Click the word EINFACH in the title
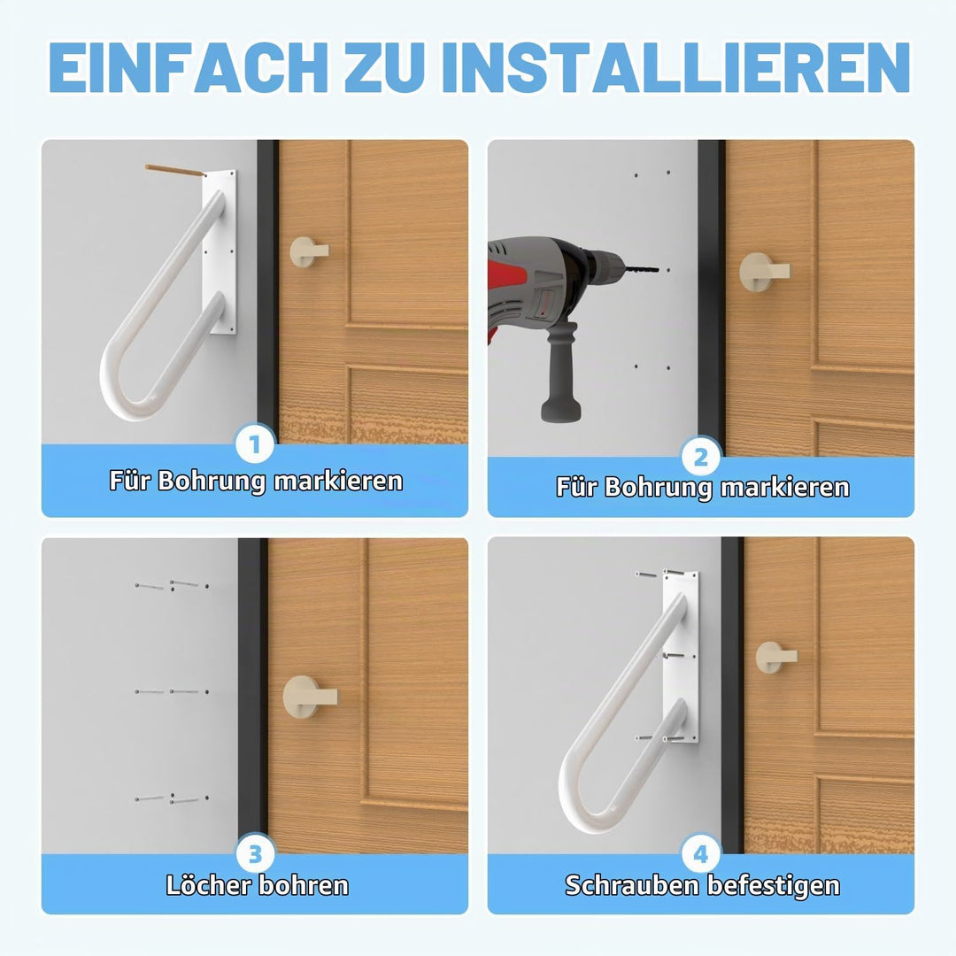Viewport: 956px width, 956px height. [188, 67]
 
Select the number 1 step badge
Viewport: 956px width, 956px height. [255, 443]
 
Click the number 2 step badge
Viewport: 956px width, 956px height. [701, 457]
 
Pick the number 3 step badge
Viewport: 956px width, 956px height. [255, 853]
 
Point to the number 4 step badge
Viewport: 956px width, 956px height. [701, 854]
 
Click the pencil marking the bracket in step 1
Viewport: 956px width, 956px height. [175, 172]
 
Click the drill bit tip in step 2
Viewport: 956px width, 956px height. [659, 269]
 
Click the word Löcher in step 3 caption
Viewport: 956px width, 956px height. [205, 885]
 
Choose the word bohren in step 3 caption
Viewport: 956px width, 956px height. [303, 885]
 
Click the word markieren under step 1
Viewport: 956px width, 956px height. [338, 481]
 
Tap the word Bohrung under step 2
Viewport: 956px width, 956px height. [658, 489]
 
